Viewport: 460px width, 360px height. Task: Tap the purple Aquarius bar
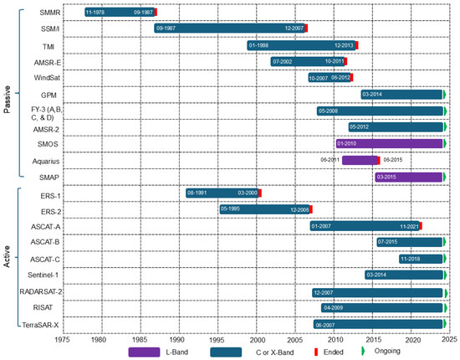[360, 160]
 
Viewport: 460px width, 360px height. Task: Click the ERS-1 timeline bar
[223, 193]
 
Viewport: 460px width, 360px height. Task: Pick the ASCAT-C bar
[421, 259]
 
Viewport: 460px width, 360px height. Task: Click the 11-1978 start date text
[97, 13]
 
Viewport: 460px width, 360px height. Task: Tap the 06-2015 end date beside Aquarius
[394, 160]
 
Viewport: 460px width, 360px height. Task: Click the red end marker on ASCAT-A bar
[422, 226]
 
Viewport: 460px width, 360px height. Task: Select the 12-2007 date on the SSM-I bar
[294, 28]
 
